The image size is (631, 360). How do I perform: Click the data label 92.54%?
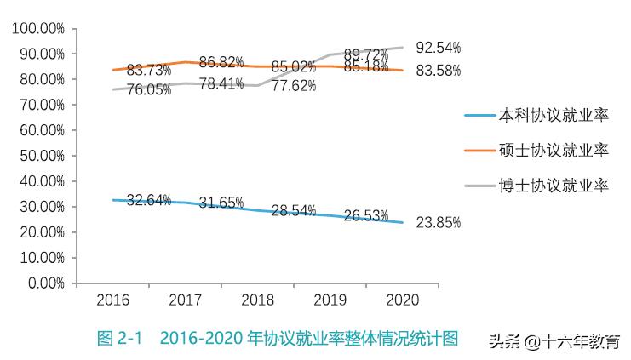[438, 47]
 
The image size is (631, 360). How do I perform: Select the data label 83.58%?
[438, 71]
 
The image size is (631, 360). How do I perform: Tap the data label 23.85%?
[438, 223]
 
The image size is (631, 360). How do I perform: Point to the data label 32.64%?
[149, 201]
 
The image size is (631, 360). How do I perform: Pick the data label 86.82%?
[221, 62]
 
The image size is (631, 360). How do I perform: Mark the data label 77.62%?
[294, 85]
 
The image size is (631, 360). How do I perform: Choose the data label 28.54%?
[294, 210]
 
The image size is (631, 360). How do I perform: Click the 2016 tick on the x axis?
[112, 300]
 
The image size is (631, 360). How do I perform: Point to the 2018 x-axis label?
[257, 300]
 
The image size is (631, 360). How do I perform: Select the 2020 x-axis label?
[402, 300]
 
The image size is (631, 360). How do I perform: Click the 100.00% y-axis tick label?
[38, 28]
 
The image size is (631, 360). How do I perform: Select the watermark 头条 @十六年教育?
[554, 340]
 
